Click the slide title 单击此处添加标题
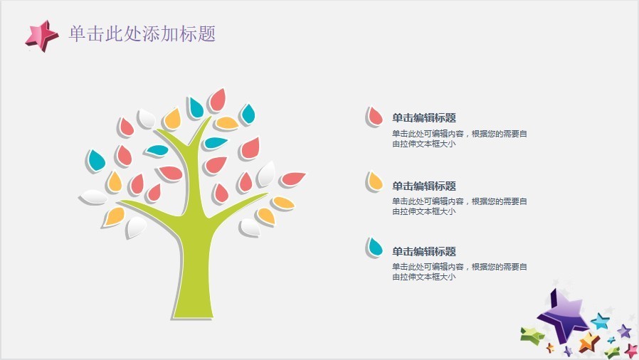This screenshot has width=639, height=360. [142, 33]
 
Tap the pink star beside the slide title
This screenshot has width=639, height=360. [41, 36]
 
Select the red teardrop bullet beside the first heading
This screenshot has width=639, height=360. [374, 117]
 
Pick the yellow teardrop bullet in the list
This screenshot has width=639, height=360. [374, 181]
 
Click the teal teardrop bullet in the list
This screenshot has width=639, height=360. [374, 247]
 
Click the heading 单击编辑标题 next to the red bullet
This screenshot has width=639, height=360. [424, 118]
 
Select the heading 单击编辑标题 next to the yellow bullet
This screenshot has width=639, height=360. [424, 186]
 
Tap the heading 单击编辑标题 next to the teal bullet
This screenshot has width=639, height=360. [424, 252]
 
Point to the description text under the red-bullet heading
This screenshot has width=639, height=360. [459, 139]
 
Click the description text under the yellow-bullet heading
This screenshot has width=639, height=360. [459, 206]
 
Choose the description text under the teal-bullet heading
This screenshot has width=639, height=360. [459, 272]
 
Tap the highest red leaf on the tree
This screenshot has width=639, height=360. [218, 100]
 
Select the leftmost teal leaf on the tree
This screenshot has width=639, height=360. [96, 160]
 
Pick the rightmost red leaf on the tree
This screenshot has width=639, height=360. [292, 179]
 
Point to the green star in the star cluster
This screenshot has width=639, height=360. [532, 335]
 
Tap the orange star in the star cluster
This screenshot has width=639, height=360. [588, 342]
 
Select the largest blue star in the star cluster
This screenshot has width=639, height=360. [601, 322]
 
